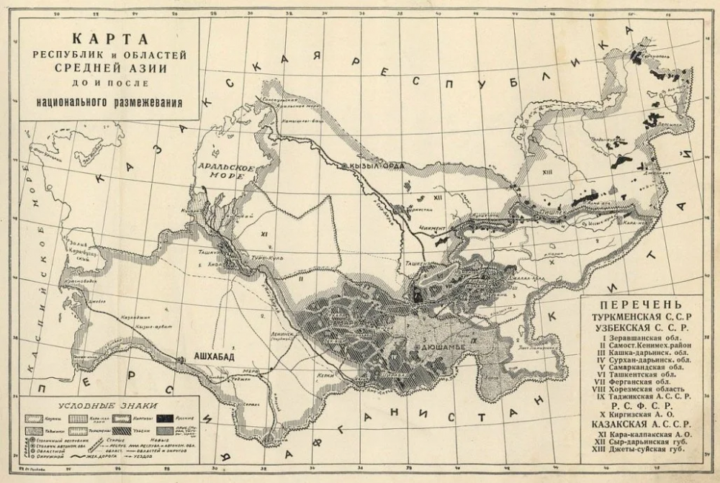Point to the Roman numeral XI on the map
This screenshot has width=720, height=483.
pos(264,235)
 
